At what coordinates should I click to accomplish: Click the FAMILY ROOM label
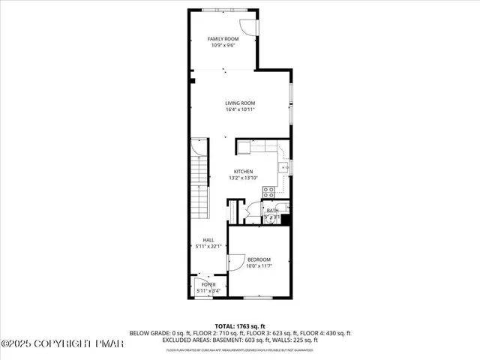pyautogui.click(x=223, y=38)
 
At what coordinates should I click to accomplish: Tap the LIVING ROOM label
pyautogui.click(x=241, y=103)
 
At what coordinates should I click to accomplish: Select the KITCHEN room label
pyautogui.click(x=243, y=171)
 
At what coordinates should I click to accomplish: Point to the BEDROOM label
pyautogui.click(x=259, y=259)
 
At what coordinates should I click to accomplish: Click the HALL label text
pyautogui.click(x=198, y=240)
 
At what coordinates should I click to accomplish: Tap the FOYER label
pyautogui.click(x=208, y=285)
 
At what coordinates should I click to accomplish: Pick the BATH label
pyautogui.click(x=273, y=211)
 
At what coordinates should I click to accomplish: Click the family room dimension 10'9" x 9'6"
pyautogui.click(x=223, y=46)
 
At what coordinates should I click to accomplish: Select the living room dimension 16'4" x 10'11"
pyautogui.click(x=241, y=110)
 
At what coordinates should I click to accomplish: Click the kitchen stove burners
pyautogui.click(x=268, y=192)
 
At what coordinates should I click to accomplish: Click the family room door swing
pyautogui.click(x=253, y=25)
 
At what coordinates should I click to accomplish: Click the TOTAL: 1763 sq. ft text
pyautogui.click(x=240, y=325)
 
